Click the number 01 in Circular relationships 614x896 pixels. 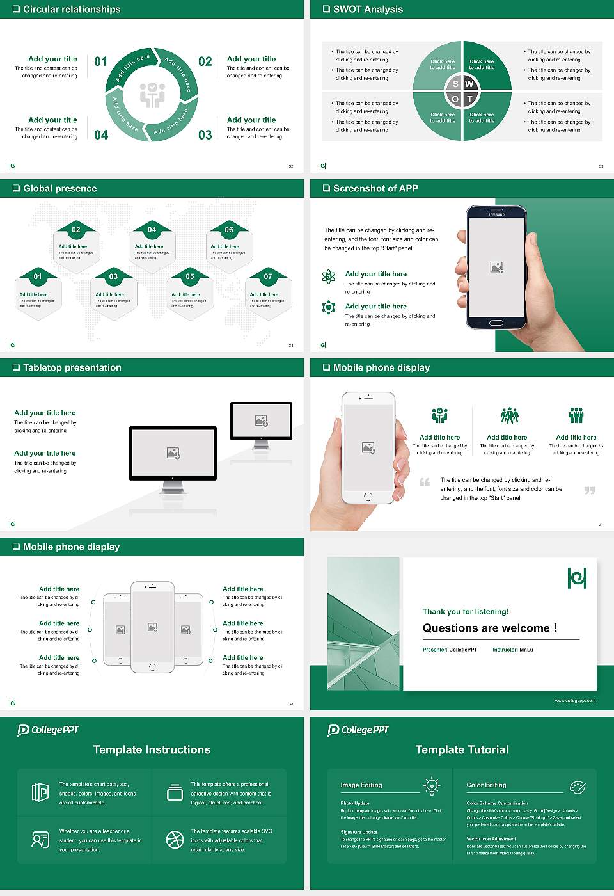[x=100, y=61]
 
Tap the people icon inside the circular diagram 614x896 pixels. [x=152, y=95]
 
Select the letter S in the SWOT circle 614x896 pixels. [x=455, y=84]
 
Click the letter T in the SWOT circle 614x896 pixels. [x=469, y=99]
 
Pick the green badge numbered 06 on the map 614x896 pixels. [x=228, y=230]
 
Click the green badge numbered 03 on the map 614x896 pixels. [x=113, y=276]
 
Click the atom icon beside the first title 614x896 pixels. [x=329, y=276]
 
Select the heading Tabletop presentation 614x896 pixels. [x=72, y=367]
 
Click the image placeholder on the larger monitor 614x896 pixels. [x=173, y=453]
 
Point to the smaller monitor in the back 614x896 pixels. [x=261, y=422]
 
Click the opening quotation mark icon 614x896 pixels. [x=425, y=482]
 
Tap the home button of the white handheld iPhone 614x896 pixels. [x=368, y=497]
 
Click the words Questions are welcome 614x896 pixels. [x=489, y=628]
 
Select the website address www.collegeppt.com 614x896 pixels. [x=574, y=700]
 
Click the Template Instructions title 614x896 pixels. [x=152, y=749]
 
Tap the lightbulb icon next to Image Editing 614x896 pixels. [x=432, y=786]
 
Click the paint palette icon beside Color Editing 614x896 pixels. [x=577, y=787]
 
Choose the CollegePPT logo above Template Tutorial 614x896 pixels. [x=358, y=730]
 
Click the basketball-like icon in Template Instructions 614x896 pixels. [x=175, y=840]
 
